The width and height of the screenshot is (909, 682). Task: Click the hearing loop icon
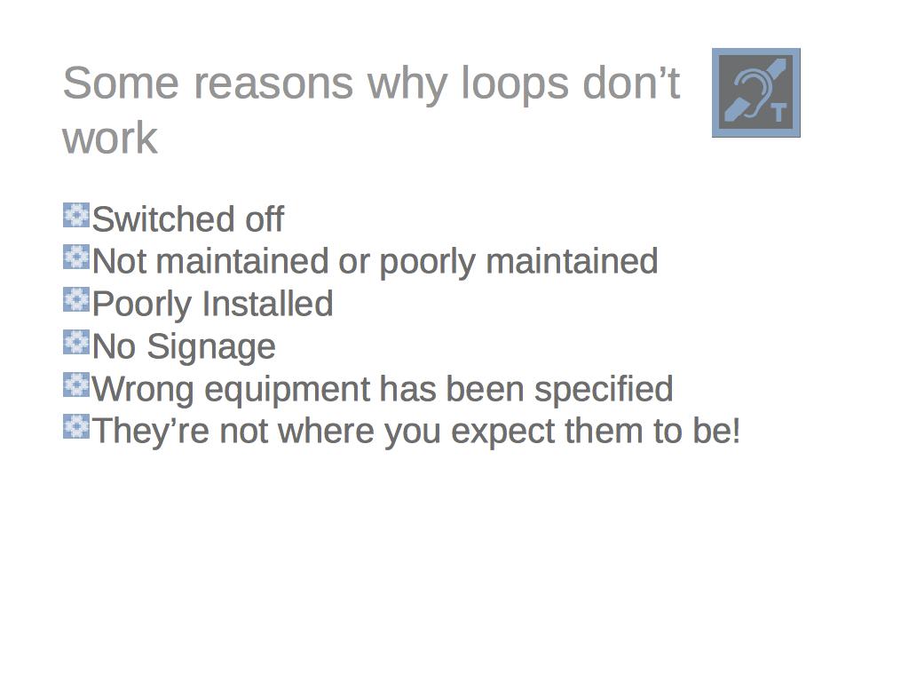click(x=756, y=92)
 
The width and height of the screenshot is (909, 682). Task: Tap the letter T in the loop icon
click(x=779, y=113)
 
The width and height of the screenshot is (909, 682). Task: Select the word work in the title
click(x=109, y=139)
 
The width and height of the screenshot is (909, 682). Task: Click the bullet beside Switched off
click(x=76, y=215)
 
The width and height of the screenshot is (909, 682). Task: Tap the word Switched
click(x=163, y=219)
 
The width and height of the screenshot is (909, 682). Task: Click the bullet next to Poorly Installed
click(x=76, y=300)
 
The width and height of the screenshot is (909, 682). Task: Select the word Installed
click(x=267, y=304)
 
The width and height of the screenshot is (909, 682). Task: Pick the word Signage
click(x=210, y=348)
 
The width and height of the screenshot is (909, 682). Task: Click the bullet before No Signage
click(x=76, y=342)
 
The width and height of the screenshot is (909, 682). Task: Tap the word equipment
click(x=288, y=390)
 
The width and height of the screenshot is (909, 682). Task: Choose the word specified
click(x=604, y=390)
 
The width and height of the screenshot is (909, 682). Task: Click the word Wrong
click(x=143, y=390)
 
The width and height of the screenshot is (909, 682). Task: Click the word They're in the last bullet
click(x=151, y=431)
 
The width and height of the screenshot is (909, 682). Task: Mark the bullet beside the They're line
click(x=76, y=426)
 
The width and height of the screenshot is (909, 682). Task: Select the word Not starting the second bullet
click(x=119, y=262)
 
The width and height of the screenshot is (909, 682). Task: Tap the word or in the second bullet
click(x=353, y=263)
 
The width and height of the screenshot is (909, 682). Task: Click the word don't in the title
click(x=631, y=83)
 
